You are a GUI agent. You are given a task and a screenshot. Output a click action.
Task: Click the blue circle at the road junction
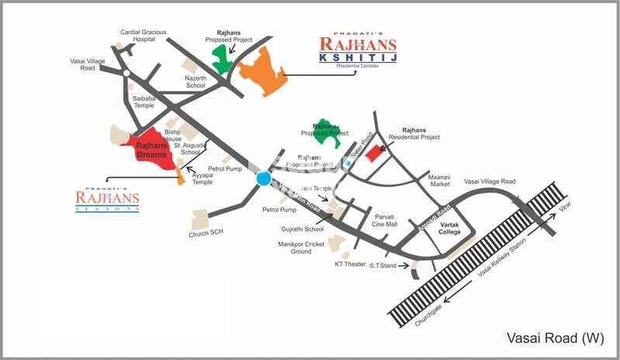(x=263, y=179)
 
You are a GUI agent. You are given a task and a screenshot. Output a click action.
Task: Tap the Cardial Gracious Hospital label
(x=144, y=36)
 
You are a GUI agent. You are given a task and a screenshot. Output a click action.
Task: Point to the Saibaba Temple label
(x=148, y=104)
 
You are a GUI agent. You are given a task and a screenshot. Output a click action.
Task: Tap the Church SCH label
(x=205, y=234)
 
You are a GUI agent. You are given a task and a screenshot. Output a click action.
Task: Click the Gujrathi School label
(x=303, y=229)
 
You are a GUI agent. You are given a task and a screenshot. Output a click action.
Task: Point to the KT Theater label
(x=350, y=264)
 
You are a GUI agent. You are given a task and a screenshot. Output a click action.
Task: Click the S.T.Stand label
(x=383, y=266)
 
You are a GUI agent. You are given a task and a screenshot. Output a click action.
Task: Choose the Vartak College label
(x=449, y=228)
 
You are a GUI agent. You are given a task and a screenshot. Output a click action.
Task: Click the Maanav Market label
(x=439, y=180)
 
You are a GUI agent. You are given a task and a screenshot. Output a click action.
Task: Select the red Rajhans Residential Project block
(x=375, y=152)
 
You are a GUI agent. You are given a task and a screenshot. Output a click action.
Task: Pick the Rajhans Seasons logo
(x=107, y=199)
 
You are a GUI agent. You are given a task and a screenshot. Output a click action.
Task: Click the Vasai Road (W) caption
(x=553, y=338)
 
